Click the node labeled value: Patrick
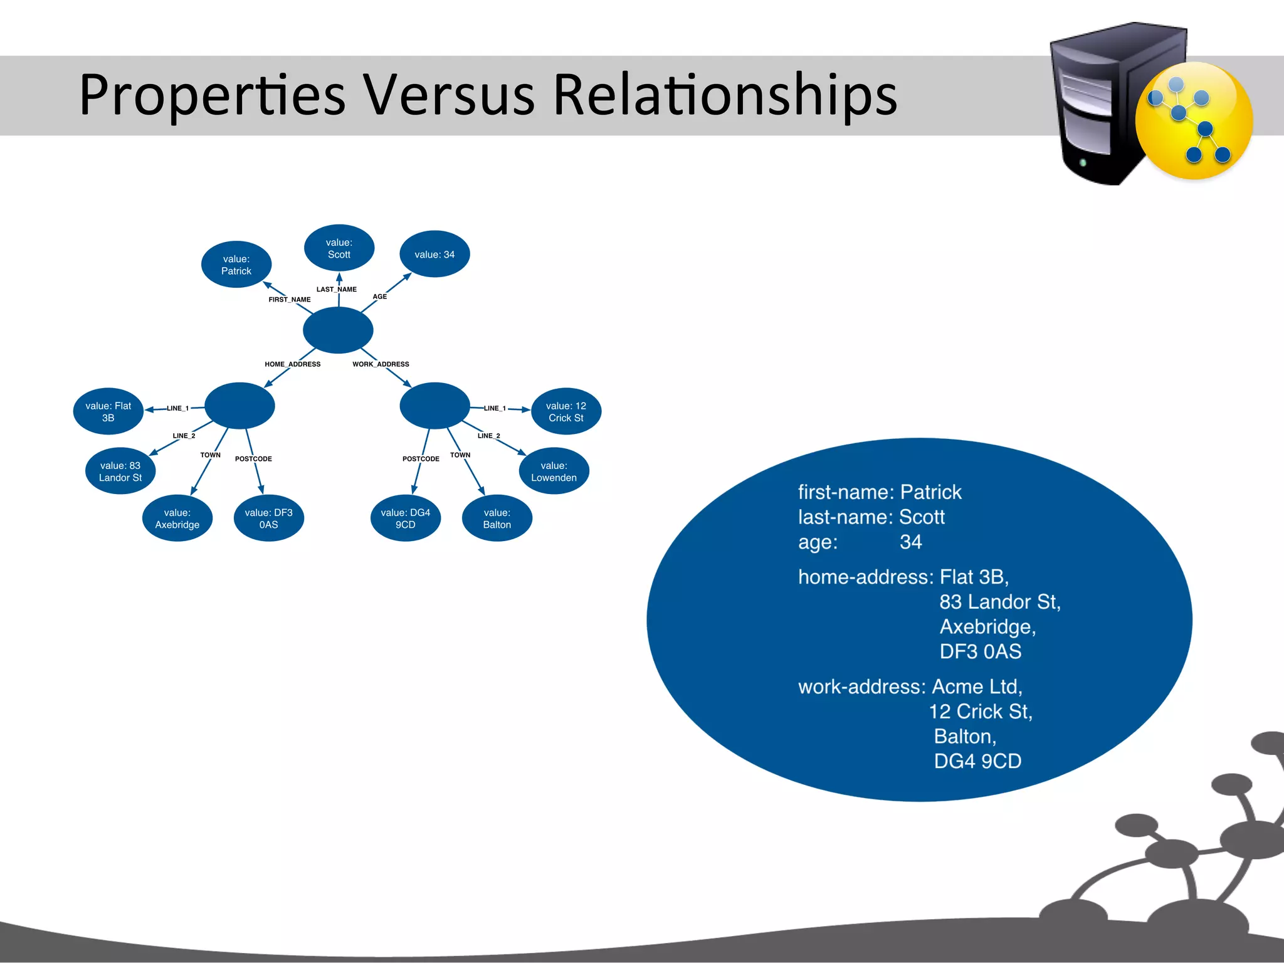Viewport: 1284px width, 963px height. click(x=236, y=265)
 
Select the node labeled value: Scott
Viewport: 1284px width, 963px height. click(x=339, y=248)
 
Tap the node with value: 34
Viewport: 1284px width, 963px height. click(x=434, y=255)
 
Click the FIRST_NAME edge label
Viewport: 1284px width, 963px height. click(x=289, y=300)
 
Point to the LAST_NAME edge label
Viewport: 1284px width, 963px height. click(x=336, y=290)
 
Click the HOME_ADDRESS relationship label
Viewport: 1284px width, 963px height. click(x=292, y=364)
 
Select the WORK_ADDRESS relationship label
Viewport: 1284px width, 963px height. click(x=381, y=364)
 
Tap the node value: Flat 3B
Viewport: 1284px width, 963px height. click(x=108, y=412)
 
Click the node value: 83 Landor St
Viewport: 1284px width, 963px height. click(x=120, y=471)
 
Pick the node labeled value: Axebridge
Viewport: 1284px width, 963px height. click(x=177, y=518)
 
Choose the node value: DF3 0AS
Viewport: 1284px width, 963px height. click(x=268, y=518)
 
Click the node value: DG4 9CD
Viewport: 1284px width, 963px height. click(x=405, y=518)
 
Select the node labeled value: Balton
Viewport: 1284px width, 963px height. click(x=497, y=518)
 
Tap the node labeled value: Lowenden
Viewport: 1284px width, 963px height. click(x=554, y=471)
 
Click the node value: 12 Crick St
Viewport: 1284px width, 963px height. click(x=566, y=412)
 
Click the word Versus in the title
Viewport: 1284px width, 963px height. click(x=449, y=95)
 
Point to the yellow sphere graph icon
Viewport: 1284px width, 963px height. click(x=1194, y=121)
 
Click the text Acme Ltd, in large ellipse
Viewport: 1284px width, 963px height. click(x=977, y=687)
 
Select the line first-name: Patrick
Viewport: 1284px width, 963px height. click(x=879, y=492)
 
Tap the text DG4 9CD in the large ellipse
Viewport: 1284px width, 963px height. click(x=977, y=761)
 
